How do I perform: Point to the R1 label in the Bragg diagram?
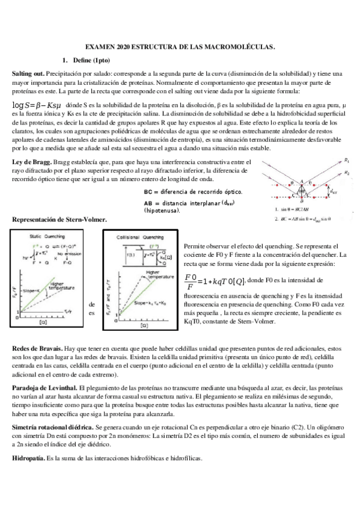click(347, 161)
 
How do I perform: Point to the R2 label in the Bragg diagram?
click(347, 173)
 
